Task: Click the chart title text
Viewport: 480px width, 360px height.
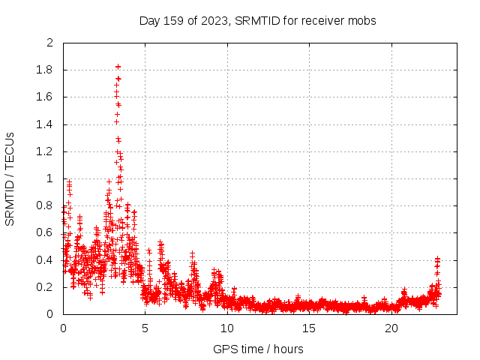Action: pyautogui.click(x=258, y=20)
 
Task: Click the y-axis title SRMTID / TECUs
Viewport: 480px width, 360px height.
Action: pyautogui.click(x=10, y=178)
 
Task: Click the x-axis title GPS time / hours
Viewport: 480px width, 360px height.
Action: pyautogui.click(x=258, y=349)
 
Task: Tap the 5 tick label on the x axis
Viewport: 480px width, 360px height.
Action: pyautogui.click(x=145, y=328)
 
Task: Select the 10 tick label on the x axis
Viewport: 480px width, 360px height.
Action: pyautogui.click(x=227, y=328)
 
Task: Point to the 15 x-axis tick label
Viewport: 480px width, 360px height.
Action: pyautogui.click(x=310, y=328)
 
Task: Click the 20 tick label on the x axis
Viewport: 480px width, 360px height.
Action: pyautogui.click(x=391, y=328)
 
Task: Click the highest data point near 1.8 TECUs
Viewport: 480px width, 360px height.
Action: pyautogui.click(x=118, y=67)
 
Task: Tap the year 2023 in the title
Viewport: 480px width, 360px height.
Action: pyautogui.click(x=214, y=20)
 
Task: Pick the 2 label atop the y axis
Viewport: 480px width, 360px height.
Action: pyautogui.click(x=50, y=43)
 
